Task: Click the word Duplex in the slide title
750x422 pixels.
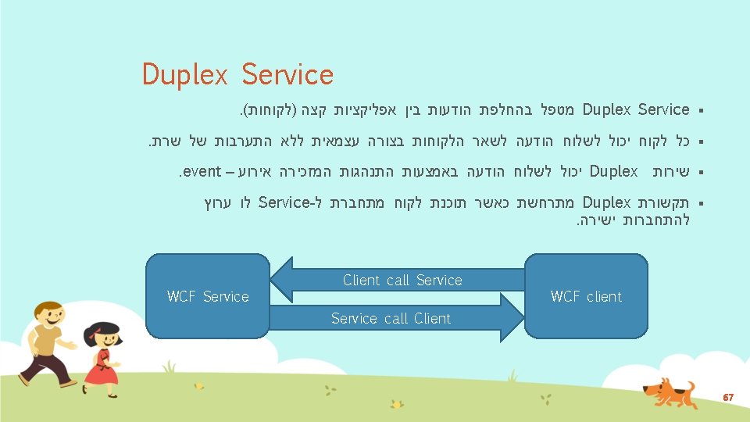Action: (x=184, y=75)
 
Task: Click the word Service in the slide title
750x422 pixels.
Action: (x=287, y=75)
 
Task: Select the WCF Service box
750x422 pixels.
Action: (x=208, y=296)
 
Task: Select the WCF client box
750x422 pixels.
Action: (x=586, y=296)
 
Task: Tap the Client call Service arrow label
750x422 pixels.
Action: (x=402, y=280)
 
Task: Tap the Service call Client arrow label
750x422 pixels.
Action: (x=391, y=318)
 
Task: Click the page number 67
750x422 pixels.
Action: (x=727, y=399)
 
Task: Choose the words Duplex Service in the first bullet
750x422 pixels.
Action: (x=636, y=109)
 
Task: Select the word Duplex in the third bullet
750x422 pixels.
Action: (x=614, y=170)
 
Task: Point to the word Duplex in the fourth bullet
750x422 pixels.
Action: (x=606, y=202)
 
